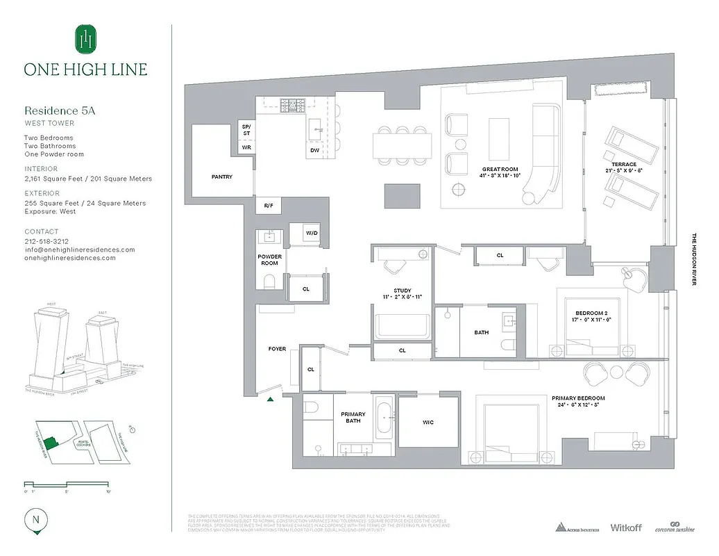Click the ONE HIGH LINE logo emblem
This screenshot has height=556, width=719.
[x=85, y=39]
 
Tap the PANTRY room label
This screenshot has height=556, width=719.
[x=222, y=177]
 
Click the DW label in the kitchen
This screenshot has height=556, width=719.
[x=315, y=150]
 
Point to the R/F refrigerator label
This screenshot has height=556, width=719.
[x=268, y=206]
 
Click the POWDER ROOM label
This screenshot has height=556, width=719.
[x=269, y=260]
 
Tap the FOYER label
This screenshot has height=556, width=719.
[x=277, y=349]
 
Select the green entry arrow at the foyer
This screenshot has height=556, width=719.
[x=271, y=398]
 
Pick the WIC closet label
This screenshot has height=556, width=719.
[x=428, y=423]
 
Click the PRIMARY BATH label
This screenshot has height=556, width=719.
[x=353, y=418]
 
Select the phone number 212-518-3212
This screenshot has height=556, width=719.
[x=47, y=240]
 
